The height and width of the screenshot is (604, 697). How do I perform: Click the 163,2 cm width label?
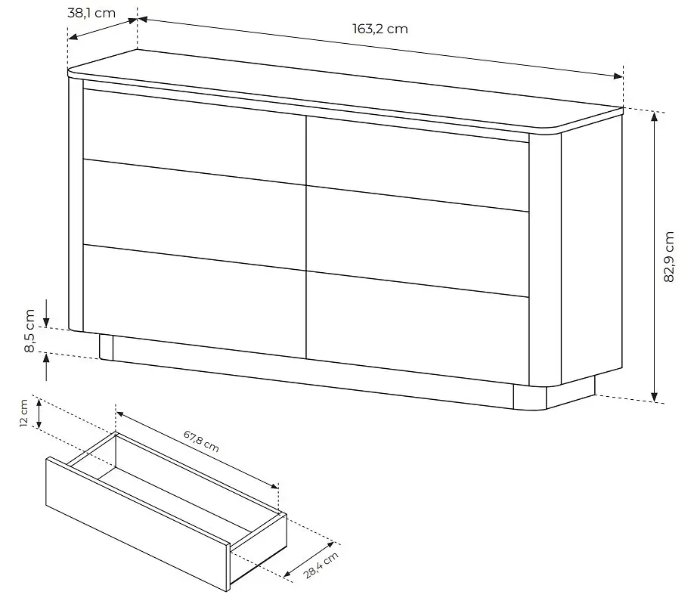[380, 29]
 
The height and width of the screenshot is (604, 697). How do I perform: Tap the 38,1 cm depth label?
[91, 13]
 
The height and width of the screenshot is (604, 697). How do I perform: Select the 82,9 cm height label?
[668, 257]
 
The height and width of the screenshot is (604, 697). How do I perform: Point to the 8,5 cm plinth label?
[29, 330]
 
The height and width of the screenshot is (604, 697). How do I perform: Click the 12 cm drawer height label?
[24, 413]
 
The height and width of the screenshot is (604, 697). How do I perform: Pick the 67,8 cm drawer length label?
[201, 441]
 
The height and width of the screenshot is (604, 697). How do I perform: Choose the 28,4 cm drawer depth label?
[321, 565]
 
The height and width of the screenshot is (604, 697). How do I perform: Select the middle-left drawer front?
[194, 214]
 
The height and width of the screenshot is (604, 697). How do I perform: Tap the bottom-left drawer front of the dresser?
[194, 301]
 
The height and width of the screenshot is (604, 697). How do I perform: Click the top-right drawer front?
[417, 163]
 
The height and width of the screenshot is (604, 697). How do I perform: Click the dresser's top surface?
[345, 89]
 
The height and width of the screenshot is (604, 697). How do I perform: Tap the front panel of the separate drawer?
[138, 524]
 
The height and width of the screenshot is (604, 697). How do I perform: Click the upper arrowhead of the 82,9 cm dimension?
[655, 116]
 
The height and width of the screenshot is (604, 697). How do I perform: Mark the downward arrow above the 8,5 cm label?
[46, 313]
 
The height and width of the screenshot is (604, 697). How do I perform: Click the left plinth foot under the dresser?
[107, 347]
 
